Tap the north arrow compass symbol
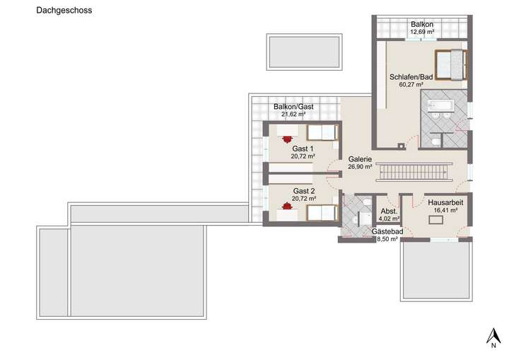tap(491, 337)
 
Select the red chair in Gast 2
tap(286, 207)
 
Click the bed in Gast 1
tap(322, 132)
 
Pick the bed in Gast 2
tap(322, 211)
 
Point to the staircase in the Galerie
tap(413, 172)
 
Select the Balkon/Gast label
tap(293, 107)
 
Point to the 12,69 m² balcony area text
tap(421, 32)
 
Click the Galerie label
tap(360, 160)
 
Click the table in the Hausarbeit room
tap(435, 220)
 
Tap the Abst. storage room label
tap(390, 211)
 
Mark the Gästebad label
tap(387, 232)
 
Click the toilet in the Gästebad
tap(366, 204)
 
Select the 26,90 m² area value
tap(360, 168)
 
